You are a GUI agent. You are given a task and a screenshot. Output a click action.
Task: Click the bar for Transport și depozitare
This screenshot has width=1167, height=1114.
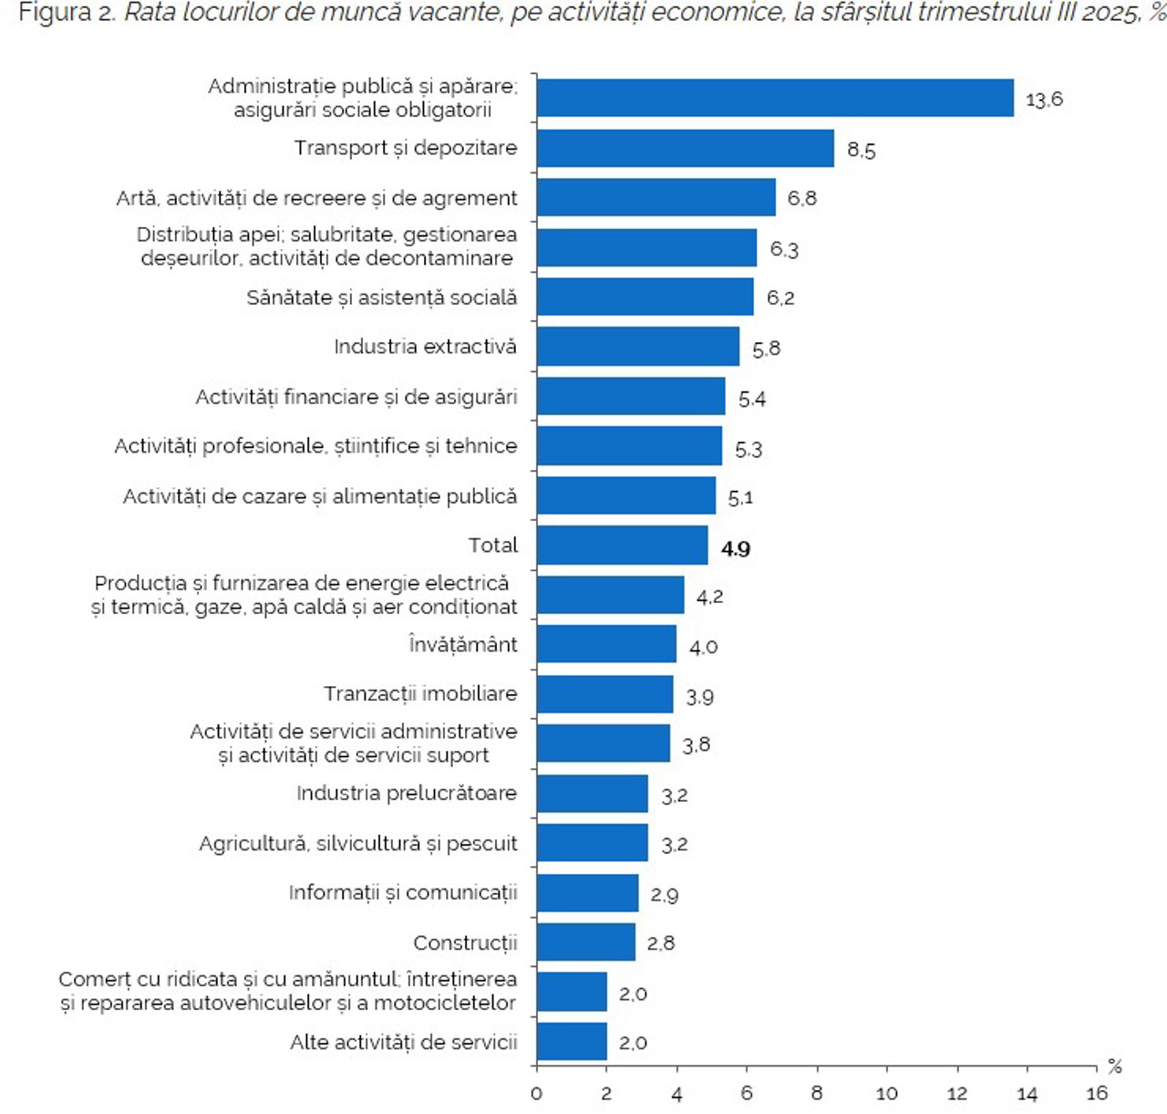pos(685,148)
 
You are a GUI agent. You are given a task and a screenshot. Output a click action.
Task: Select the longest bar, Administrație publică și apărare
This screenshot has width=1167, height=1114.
pos(775,98)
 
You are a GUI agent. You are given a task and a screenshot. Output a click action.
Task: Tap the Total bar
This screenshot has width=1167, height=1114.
pos(622,546)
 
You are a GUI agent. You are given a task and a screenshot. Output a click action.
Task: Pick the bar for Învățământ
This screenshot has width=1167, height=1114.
pos(606,644)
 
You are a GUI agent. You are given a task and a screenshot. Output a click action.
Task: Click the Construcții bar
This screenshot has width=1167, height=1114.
pos(585,942)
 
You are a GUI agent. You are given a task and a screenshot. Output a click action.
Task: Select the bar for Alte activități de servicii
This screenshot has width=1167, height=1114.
pos(572,1042)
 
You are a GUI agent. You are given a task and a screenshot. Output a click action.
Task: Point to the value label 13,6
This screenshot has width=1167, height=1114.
pos(1044,99)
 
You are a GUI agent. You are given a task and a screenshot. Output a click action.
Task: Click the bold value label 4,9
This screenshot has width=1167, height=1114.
pos(736,548)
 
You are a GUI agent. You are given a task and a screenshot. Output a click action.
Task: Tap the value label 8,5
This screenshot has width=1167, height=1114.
pos(861,150)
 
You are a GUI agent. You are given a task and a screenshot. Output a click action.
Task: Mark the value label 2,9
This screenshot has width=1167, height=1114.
pos(664,895)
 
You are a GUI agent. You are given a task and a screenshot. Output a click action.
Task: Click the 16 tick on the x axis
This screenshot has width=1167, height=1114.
pos(1097,1094)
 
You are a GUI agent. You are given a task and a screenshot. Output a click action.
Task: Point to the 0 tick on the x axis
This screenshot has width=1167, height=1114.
pos(536,1094)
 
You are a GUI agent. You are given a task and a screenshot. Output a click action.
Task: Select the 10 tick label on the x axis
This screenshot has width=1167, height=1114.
pos(886,1094)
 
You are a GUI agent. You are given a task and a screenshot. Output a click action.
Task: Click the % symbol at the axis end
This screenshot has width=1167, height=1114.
pos(1114,1067)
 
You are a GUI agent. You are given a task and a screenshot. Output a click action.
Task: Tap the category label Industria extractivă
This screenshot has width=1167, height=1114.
pos(425,347)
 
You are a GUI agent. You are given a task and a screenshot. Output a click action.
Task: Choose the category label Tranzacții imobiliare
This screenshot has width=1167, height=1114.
pos(420,693)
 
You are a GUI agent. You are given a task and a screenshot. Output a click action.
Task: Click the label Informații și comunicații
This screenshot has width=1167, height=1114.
pos(403,892)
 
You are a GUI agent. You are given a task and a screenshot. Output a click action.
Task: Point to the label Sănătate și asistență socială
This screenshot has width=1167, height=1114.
pos(381,297)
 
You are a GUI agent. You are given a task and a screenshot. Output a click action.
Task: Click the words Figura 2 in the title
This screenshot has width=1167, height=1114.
pos(65,14)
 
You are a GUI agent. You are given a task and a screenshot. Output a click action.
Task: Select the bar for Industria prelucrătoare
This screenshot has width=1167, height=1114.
pos(592,794)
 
